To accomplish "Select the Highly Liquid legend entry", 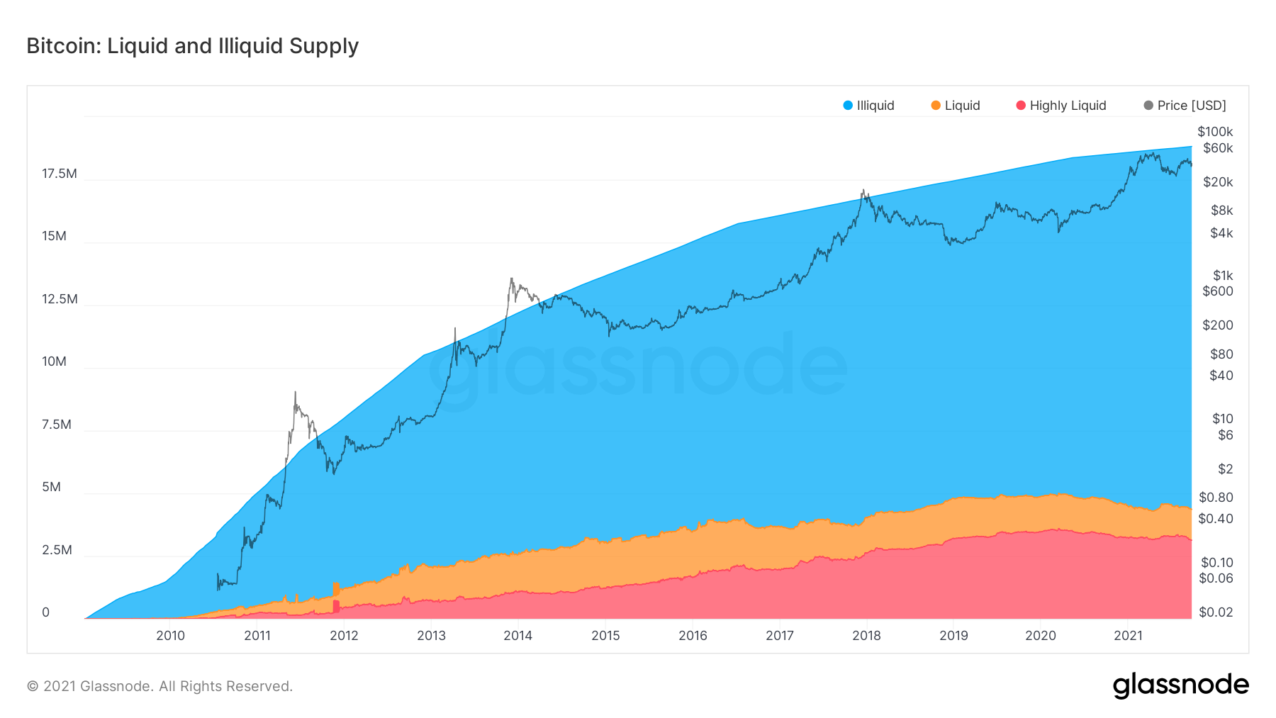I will point(1060,106).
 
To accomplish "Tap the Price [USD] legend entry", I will point(1185,106).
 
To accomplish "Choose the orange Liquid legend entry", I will point(956,106).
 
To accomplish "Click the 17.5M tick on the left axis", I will point(60,174).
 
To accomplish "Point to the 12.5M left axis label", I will point(60,299).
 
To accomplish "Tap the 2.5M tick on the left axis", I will point(57,550).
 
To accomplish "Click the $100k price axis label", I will point(1215,132).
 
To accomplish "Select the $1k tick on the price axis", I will point(1223,275).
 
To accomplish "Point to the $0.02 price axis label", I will point(1216,612).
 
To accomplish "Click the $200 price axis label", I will point(1218,325).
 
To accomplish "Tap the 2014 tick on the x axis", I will point(518,636).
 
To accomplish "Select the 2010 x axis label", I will point(171,636).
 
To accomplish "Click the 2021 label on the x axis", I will point(1128,636).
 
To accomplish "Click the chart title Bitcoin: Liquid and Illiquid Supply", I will point(193,46).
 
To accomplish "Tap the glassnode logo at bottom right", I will point(1180,685).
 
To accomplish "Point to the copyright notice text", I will point(159,686).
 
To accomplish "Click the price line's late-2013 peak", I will point(511,279).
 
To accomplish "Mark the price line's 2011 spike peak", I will point(295,392).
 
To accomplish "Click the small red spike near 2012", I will point(336,606).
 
